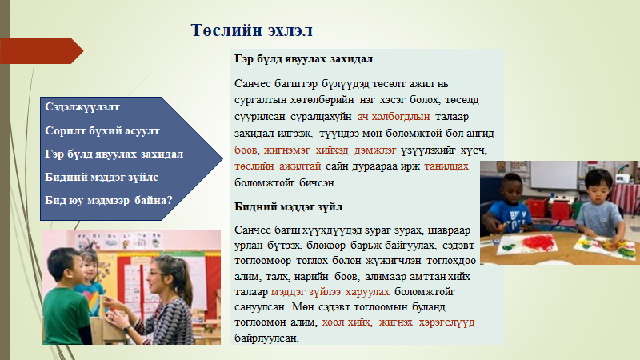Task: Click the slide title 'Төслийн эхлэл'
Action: pyautogui.click(x=251, y=30)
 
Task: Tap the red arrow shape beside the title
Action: pyautogui.click(x=42, y=50)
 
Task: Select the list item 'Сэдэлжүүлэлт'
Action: pyautogui.click(x=82, y=107)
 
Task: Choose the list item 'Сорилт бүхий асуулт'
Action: pyautogui.click(x=102, y=130)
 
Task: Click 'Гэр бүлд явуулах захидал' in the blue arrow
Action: pyautogui.click(x=114, y=154)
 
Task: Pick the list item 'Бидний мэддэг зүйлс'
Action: pyautogui.click(x=102, y=177)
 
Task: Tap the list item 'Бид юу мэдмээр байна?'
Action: pyautogui.click(x=109, y=201)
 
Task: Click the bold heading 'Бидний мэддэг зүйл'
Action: pyautogui.click(x=288, y=207)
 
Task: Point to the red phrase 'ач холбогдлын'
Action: pyautogui.click(x=394, y=117)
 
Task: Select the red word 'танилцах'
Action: pyautogui.click(x=446, y=166)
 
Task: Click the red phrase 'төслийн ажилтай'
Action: pyautogui.click(x=278, y=166)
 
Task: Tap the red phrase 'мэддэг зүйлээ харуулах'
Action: pyautogui.click(x=330, y=292)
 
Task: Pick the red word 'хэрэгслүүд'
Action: pyautogui.click(x=446, y=322)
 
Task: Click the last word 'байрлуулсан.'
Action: pyautogui.click(x=266, y=338)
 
